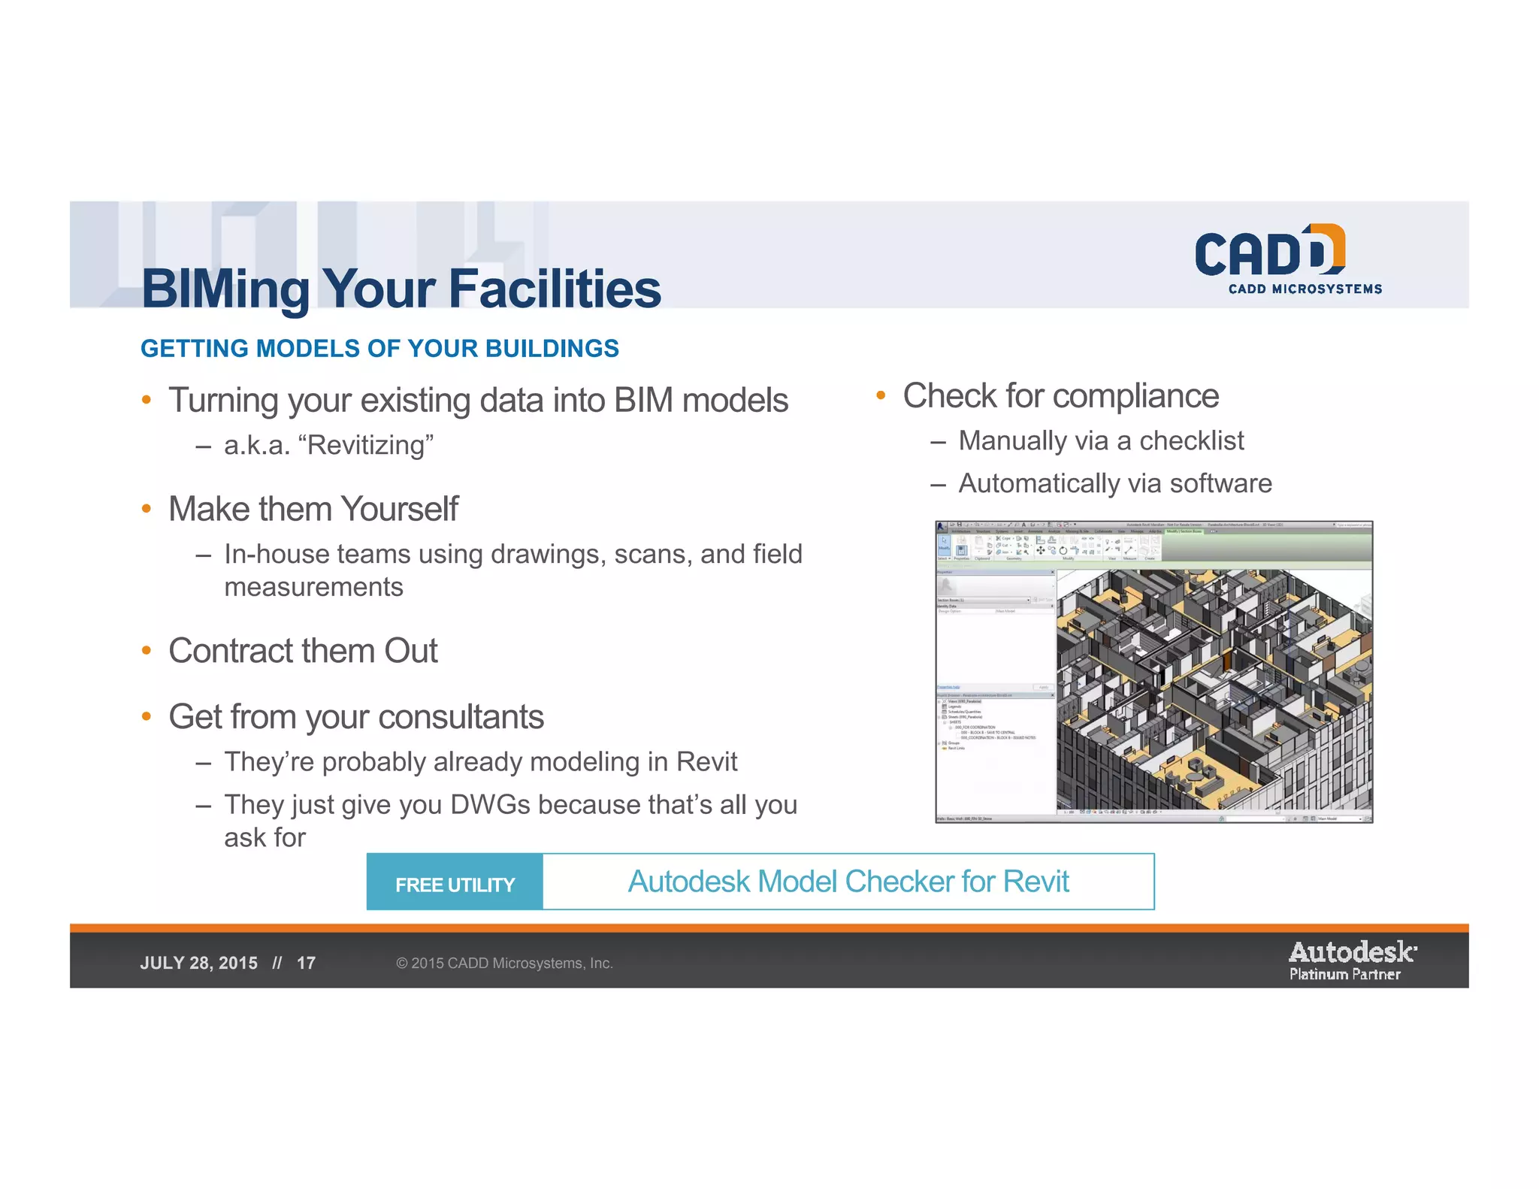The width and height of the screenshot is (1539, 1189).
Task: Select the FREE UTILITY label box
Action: coord(455,883)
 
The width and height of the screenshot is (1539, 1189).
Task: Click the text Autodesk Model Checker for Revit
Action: coord(848,882)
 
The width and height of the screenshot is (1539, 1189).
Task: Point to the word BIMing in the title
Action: coord(225,289)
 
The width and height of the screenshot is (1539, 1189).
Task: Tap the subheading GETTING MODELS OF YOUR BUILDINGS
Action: coord(379,349)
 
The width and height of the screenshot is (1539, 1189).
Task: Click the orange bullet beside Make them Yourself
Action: coord(147,509)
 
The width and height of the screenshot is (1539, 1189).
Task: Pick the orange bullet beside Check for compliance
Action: coord(881,395)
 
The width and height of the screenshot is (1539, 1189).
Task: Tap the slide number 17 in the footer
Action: coord(306,964)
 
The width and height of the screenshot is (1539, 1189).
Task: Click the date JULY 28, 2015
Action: coord(198,964)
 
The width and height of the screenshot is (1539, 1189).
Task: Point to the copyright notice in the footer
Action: coord(504,964)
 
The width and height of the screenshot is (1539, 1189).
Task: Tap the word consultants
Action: coord(461,717)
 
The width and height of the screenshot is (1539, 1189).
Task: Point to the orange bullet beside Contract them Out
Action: coord(147,650)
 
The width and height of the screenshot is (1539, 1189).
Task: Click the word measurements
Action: coord(313,587)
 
